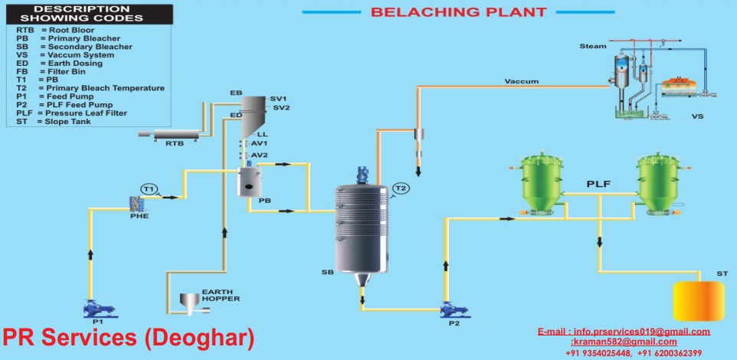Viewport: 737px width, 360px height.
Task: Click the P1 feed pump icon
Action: click(x=98, y=309)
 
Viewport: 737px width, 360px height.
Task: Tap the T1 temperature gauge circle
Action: click(x=149, y=189)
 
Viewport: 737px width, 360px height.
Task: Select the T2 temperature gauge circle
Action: click(x=401, y=188)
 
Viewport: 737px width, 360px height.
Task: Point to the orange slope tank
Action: click(x=699, y=301)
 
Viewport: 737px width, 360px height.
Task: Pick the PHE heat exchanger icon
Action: click(x=136, y=204)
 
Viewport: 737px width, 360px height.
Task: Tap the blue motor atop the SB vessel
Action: click(x=362, y=175)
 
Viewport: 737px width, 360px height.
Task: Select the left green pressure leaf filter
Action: click(x=536, y=184)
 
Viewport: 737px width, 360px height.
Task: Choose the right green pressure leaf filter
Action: click(x=659, y=184)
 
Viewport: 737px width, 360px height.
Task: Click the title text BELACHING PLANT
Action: click(x=459, y=12)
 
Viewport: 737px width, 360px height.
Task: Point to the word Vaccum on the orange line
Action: click(x=522, y=81)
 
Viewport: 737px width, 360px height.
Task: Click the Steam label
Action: click(x=593, y=46)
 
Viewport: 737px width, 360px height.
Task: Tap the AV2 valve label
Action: click(x=260, y=155)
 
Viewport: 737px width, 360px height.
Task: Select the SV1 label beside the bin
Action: click(x=278, y=99)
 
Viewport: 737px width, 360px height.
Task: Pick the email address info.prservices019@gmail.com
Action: click(x=641, y=332)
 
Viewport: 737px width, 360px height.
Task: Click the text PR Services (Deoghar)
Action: click(x=128, y=338)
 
